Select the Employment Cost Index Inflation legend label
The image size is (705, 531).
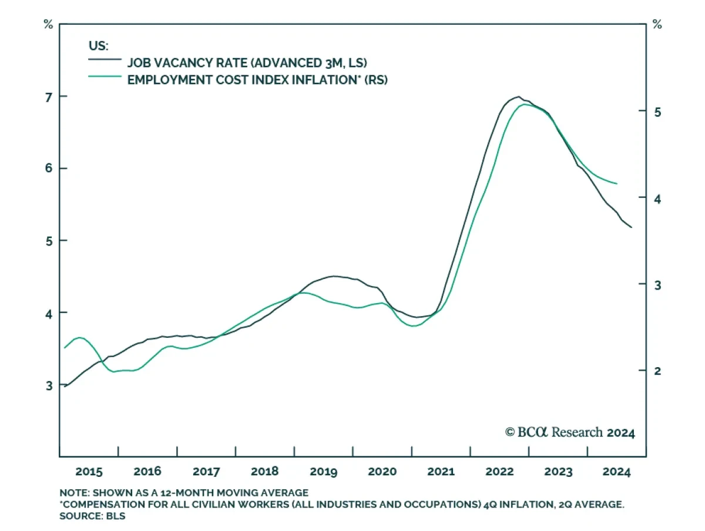click(257, 79)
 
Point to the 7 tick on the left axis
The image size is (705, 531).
click(48, 96)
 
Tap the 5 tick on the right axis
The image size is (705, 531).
click(657, 112)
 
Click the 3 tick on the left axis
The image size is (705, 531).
click(48, 385)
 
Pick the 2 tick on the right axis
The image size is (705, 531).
click(657, 371)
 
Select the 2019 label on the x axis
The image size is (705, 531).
click(323, 472)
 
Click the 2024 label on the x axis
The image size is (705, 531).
click(617, 472)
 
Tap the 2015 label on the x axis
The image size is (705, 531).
click(89, 472)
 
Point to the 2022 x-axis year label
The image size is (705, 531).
click(499, 472)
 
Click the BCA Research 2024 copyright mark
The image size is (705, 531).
click(570, 433)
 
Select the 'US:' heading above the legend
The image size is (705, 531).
click(98, 45)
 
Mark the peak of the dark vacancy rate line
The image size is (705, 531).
click(518, 96)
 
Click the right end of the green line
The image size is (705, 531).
click(617, 184)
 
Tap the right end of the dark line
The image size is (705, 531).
click(632, 227)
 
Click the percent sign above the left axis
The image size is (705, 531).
click(48, 25)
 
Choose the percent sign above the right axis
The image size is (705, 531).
click(657, 25)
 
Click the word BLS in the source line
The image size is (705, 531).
click(117, 516)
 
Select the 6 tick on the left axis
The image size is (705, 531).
click(48, 169)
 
